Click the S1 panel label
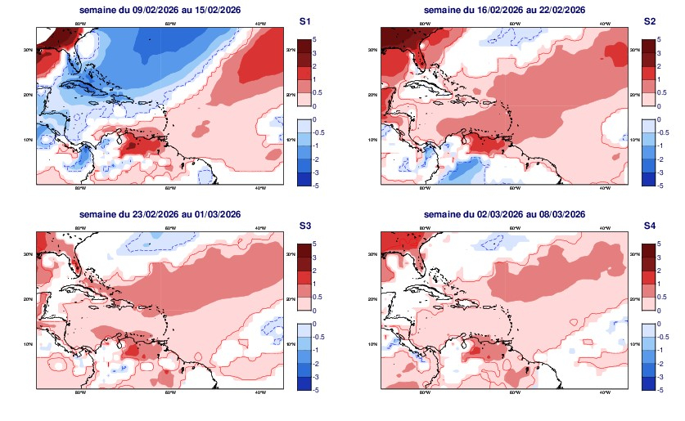tap(304, 20)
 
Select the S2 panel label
tap(650, 20)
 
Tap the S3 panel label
tap(304, 226)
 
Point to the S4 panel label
tap(650, 226)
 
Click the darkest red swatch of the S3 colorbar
tap(304, 249)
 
